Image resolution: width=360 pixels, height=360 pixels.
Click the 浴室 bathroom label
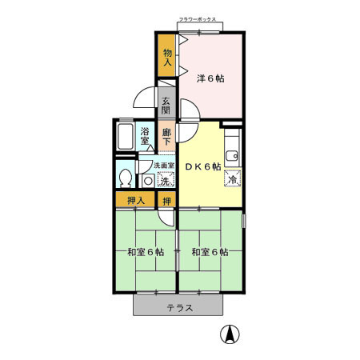tap(146, 135)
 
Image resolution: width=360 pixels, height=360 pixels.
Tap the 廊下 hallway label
tap(166, 137)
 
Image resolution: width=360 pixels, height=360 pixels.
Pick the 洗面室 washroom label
tap(164, 166)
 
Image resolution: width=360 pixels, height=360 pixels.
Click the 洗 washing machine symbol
tap(163, 181)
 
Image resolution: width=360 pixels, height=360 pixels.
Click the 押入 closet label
tap(135, 200)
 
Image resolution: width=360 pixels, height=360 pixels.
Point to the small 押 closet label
tap(166, 200)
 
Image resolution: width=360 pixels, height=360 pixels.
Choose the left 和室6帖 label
tap(145, 252)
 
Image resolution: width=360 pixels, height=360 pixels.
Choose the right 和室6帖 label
tap(210, 252)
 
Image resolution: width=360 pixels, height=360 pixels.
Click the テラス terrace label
tap(179, 308)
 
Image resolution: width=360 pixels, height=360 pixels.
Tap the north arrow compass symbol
tap(229, 335)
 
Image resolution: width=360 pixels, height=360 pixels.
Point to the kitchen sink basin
tap(232, 154)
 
